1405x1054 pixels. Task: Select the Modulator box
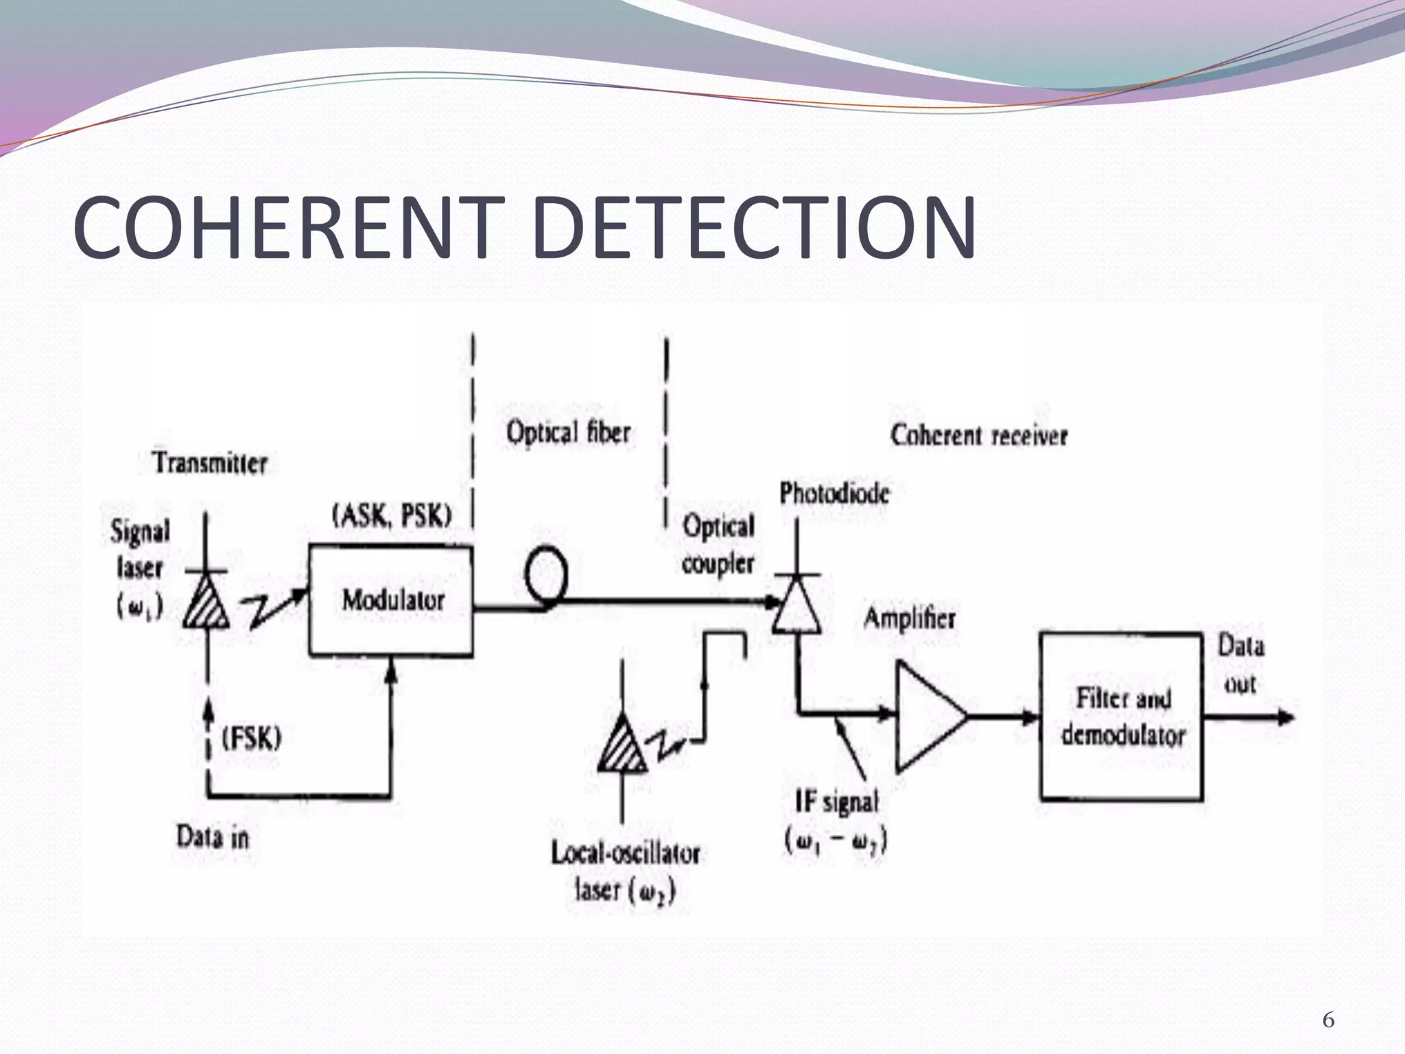[390, 600]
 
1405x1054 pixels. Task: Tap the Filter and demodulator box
[1122, 717]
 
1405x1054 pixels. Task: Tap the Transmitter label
[210, 463]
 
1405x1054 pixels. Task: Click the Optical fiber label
[568, 432]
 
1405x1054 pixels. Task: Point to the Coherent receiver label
[979, 435]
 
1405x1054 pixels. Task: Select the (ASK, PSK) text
[392, 515]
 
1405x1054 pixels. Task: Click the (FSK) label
[252, 739]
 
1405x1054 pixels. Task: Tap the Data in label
[213, 837]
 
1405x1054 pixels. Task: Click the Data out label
[1240, 664]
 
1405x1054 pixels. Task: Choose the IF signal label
[836, 801]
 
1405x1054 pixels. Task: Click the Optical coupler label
[718, 545]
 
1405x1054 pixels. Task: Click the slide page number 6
[1328, 1020]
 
